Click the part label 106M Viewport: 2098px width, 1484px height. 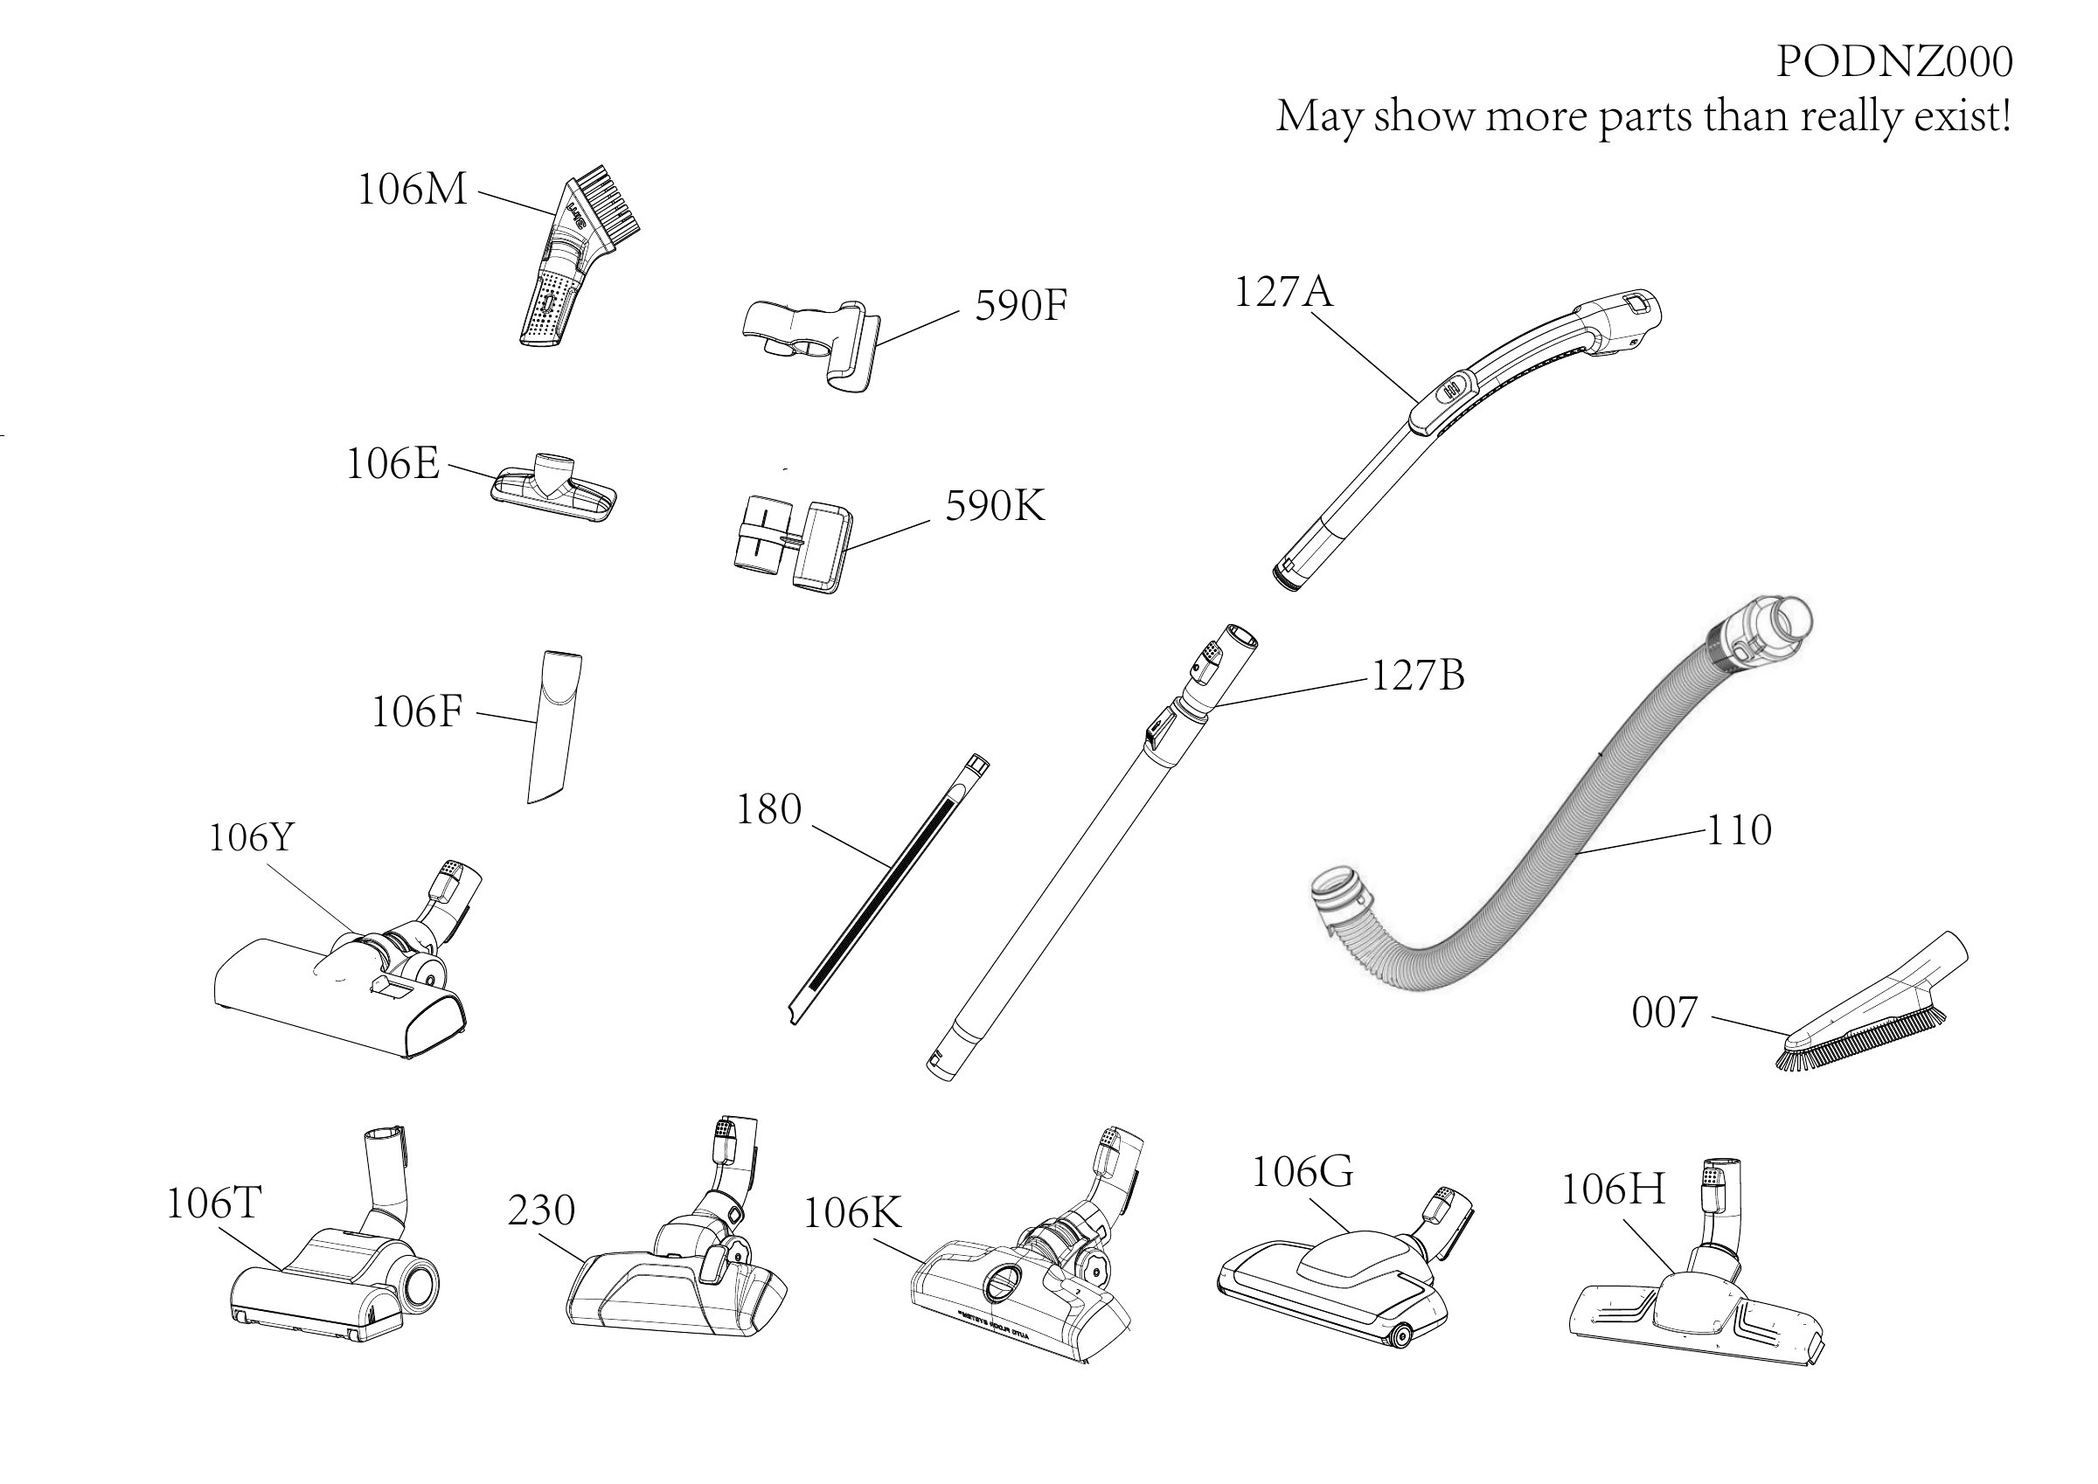click(412, 190)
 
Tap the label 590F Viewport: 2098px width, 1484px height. click(1021, 305)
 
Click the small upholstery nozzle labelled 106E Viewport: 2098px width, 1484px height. click(553, 487)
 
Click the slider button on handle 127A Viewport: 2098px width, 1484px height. click(1448, 392)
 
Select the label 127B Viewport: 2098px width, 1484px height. click(1418, 676)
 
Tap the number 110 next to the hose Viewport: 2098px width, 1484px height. click(1739, 829)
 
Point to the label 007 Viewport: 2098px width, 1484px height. click(1664, 1012)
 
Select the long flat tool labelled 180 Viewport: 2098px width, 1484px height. click(888, 888)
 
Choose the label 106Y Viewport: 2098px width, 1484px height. click(251, 837)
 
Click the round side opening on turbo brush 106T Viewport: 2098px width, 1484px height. click(419, 1285)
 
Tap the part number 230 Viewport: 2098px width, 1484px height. click(541, 1210)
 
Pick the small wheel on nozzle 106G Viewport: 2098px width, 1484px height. click(1397, 1338)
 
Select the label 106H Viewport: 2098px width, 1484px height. click(1613, 1189)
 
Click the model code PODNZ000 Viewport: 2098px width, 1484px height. click(1894, 62)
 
